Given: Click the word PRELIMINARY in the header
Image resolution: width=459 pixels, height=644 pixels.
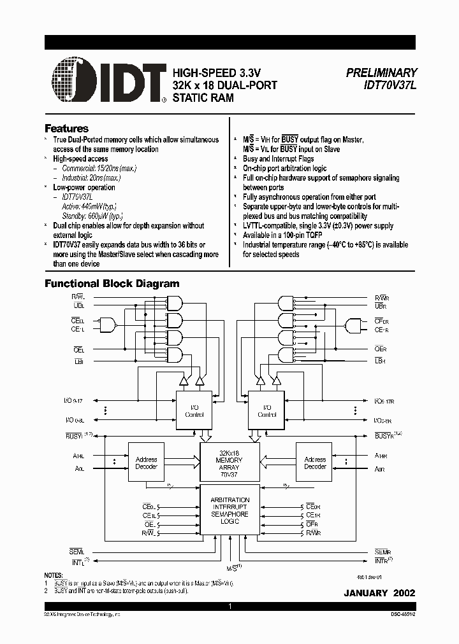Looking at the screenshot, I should (381, 73).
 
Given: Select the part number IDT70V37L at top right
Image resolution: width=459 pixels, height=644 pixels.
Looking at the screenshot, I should (390, 85).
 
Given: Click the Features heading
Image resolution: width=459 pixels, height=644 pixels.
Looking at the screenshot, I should (66, 128).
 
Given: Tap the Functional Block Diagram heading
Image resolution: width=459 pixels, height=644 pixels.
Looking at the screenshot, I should (112, 284).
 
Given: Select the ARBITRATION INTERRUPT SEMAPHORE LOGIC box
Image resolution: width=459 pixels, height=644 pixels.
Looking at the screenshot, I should (229, 511).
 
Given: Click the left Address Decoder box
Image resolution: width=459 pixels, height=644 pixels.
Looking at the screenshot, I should (146, 463).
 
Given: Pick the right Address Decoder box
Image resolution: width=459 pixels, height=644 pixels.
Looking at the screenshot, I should (315, 463).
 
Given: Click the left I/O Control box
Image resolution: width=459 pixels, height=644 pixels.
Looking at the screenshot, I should (193, 410).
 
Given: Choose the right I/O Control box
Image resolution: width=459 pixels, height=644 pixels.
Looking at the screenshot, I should (266, 410).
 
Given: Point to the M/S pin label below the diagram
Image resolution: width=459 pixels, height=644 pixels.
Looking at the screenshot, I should (232, 566).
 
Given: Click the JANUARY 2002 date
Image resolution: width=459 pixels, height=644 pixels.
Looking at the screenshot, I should (379, 592).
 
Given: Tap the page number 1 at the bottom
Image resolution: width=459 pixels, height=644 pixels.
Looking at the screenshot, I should (229, 607).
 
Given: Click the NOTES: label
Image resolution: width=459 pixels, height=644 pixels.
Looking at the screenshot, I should (53, 575).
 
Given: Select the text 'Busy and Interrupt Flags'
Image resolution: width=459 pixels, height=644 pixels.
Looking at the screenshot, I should (278, 159).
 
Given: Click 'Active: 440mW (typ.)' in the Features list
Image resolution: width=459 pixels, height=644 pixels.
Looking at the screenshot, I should (89, 207).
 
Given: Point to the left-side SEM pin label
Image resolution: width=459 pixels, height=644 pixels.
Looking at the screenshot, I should (76, 551).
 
